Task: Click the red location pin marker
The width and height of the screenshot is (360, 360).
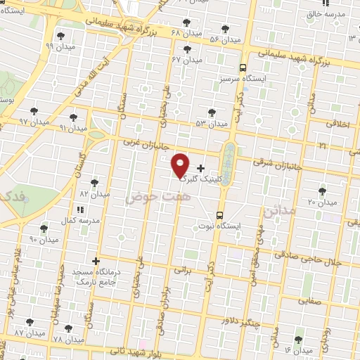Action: (x=181, y=165)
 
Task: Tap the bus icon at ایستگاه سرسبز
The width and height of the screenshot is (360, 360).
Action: (x=243, y=68)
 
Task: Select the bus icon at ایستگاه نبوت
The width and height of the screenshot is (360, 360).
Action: (x=219, y=215)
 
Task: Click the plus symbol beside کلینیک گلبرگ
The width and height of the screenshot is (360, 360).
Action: (x=201, y=168)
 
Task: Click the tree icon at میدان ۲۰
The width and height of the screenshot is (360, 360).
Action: (x=322, y=191)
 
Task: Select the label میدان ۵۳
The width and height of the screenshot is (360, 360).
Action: (x=212, y=124)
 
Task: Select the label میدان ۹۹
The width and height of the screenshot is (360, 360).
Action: (x=59, y=46)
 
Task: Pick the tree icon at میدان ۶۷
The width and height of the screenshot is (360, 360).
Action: (x=186, y=49)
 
